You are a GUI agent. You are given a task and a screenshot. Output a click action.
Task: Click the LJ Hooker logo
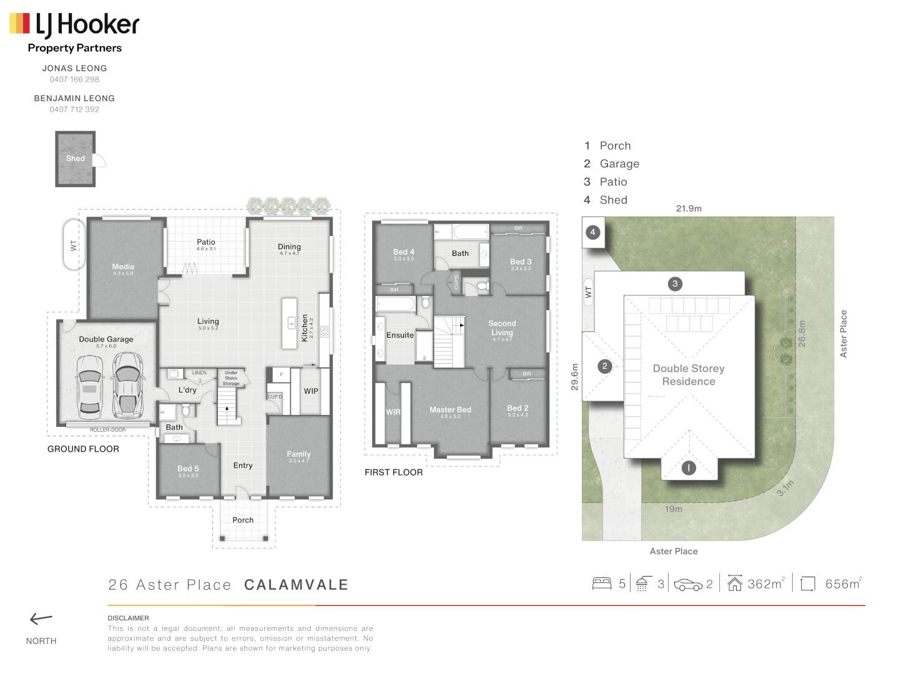74,25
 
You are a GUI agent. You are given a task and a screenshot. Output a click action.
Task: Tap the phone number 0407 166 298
74,79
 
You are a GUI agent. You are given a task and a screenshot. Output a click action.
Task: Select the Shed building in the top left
76,159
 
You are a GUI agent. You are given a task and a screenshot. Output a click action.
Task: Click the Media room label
123,267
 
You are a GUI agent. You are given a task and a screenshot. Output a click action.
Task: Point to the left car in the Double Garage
90,387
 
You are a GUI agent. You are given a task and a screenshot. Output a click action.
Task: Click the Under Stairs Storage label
231,378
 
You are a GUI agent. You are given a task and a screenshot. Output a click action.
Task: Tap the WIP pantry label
311,391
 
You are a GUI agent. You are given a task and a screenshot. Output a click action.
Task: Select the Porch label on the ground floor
243,520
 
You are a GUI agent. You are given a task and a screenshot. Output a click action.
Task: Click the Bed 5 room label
188,469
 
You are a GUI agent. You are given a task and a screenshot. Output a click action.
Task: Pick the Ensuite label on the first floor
400,335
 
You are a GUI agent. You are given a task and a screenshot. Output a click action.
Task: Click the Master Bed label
450,410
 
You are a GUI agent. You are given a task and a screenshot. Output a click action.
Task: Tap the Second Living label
502,328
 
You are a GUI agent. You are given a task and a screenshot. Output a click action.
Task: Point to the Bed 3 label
521,262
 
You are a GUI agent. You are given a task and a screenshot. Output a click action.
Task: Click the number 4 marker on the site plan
593,232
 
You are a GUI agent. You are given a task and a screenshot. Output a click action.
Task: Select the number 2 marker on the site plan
604,366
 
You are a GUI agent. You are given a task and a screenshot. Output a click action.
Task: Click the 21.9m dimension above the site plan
689,208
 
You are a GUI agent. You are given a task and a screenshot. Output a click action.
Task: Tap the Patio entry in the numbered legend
613,182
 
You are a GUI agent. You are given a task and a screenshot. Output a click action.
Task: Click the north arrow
41,619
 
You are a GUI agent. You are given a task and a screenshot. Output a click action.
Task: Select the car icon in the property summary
688,585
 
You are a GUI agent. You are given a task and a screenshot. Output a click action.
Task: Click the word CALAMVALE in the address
296,585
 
